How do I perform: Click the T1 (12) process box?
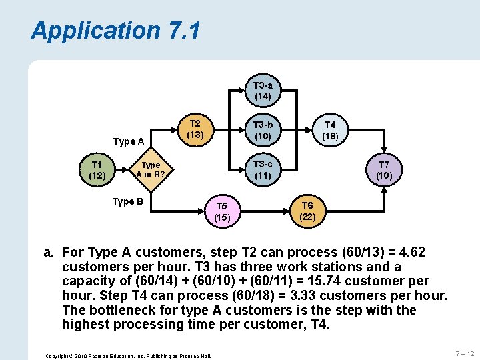point(97,170)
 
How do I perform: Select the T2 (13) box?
point(195,129)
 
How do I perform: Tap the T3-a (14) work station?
point(263,91)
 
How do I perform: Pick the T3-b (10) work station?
point(263,130)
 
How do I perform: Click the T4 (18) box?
point(330,130)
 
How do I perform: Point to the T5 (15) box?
point(222,211)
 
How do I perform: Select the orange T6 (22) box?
point(307,211)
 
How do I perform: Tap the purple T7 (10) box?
point(384,170)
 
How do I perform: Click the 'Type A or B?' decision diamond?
point(151,170)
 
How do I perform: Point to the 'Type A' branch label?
point(129,141)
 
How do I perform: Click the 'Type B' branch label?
point(128,201)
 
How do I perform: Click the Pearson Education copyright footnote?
point(128,356)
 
